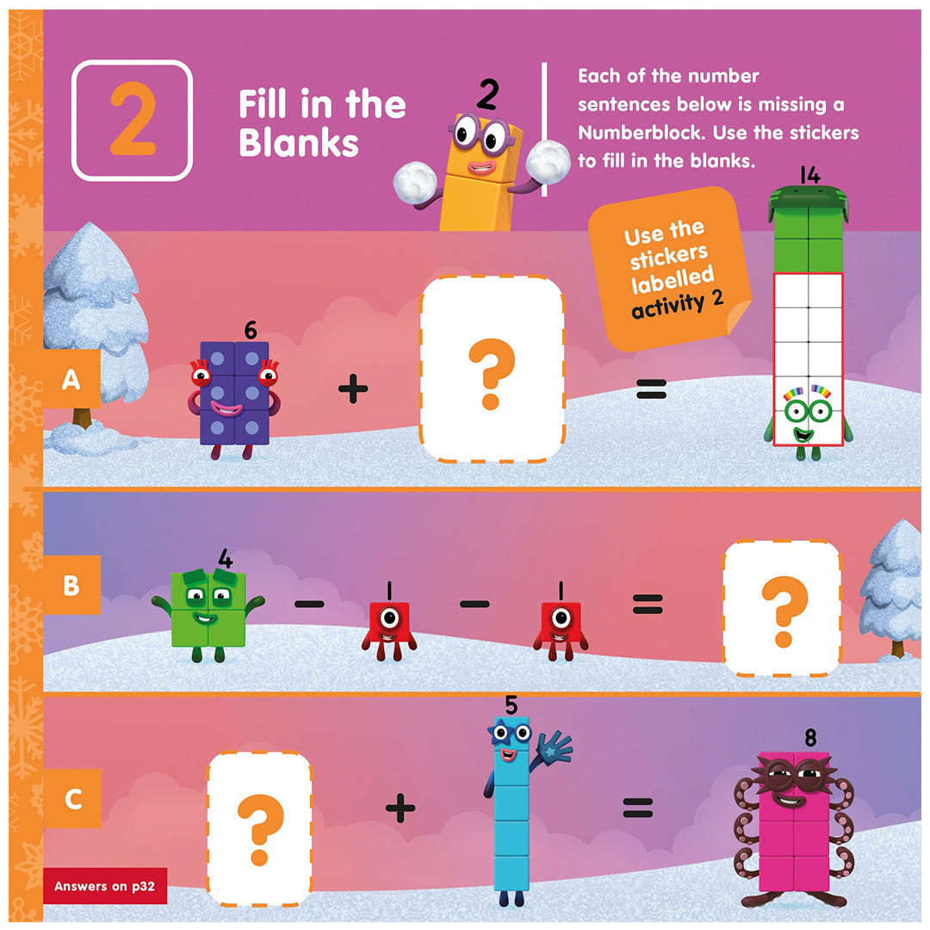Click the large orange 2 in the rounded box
click(133, 119)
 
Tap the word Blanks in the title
click(298, 143)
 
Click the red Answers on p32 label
click(104, 886)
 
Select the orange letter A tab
click(71, 379)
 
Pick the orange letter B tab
click(71, 585)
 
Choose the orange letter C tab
click(72, 798)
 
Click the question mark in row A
click(491, 374)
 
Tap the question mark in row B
click(784, 611)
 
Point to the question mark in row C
click(260, 830)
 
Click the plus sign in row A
click(353, 389)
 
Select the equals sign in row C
click(637, 808)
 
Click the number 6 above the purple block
click(251, 331)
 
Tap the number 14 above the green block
click(809, 175)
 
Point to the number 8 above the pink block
click(810, 737)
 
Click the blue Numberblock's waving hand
click(554, 747)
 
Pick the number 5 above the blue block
click(512, 705)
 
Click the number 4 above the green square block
click(226, 558)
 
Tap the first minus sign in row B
click(310, 604)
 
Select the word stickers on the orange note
click(668, 257)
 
